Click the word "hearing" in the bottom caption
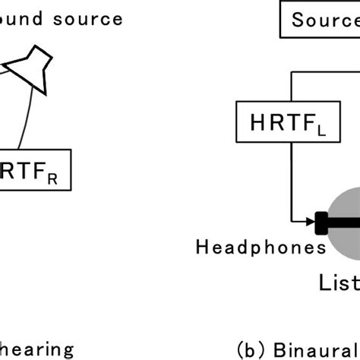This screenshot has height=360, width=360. [36, 349]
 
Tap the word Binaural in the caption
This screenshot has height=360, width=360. [311, 349]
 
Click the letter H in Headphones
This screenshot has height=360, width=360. [202, 247]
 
